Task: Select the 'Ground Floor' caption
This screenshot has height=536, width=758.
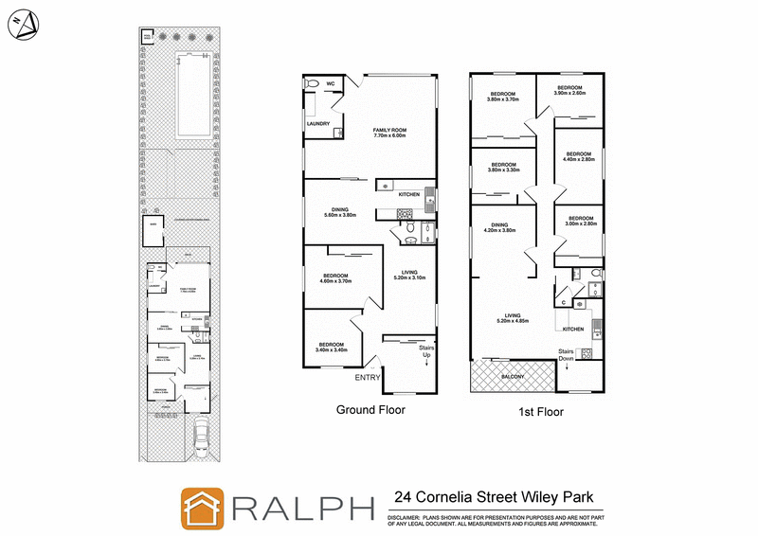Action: (371, 410)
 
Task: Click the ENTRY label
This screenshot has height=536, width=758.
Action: (369, 378)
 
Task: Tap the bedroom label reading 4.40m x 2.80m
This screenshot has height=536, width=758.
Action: (579, 157)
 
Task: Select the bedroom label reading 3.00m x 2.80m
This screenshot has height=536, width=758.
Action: (581, 222)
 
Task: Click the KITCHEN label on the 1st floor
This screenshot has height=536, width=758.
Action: (573, 329)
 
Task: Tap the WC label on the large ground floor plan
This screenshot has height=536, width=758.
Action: (332, 83)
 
